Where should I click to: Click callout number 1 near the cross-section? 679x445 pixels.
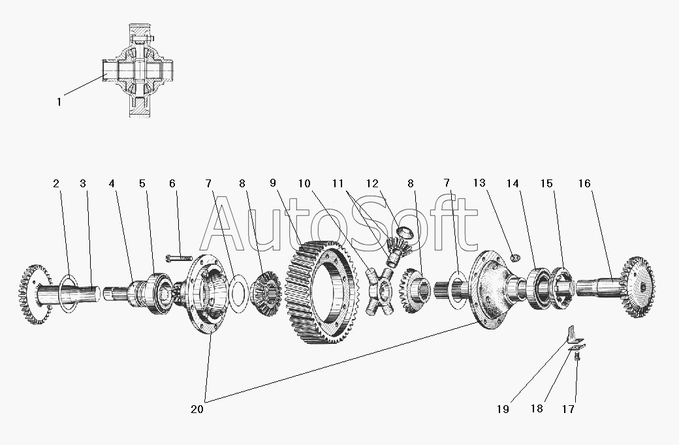[x=59, y=102]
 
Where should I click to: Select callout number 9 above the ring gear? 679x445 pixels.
[x=273, y=183]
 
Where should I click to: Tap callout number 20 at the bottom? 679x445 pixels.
[x=197, y=409]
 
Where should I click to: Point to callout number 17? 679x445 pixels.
[x=568, y=409]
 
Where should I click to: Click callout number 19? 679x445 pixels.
[x=503, y=409]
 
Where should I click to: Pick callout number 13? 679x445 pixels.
[x=479, y=183]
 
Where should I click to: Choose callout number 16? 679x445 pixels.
[x=584, y=183]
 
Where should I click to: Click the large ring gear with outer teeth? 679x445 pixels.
[x=322, y=292]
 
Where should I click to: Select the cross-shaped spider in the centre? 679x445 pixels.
[x=378, y=290]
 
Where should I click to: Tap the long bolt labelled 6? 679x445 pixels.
[x=179, y=258]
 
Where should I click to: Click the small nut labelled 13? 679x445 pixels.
[x=515, y=258]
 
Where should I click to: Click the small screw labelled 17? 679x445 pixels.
[x=577, y=357]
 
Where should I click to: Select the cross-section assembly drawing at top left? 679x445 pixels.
[x=137, y=70]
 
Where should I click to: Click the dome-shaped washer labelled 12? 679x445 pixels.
[x=405, y=232]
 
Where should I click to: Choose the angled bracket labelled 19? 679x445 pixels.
[x=573, y=334]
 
